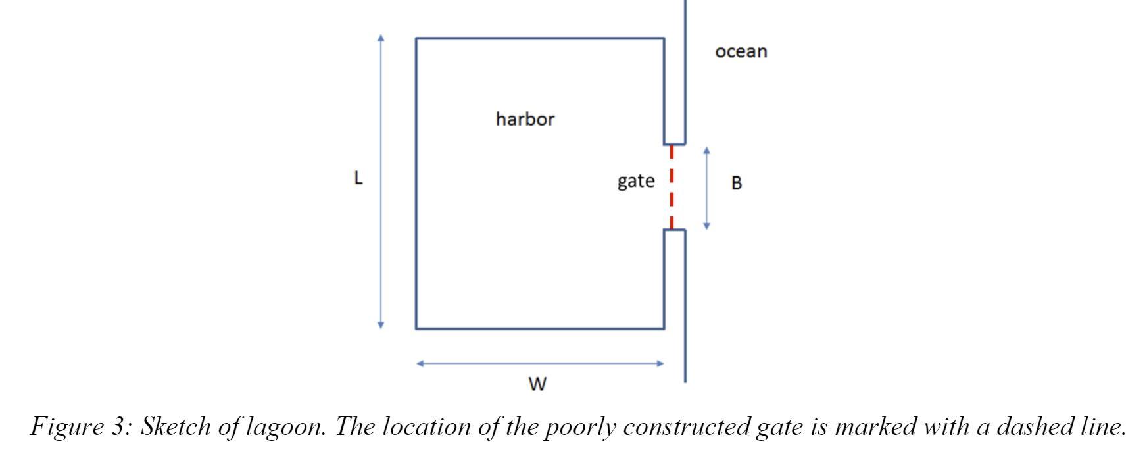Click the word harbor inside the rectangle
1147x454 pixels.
pos(525,119)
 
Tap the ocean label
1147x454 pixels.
pos(741,51)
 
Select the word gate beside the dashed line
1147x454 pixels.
pos(635,181)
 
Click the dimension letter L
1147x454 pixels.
pos(358,178)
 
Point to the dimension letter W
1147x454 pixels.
pos(537,384)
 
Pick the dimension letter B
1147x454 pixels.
pos(737,184)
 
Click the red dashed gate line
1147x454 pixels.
pos(671,187)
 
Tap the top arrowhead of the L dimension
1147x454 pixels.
pos(381,38)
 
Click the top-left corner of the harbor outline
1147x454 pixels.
pos(416,39)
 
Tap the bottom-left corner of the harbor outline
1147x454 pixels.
pos(416,328)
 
